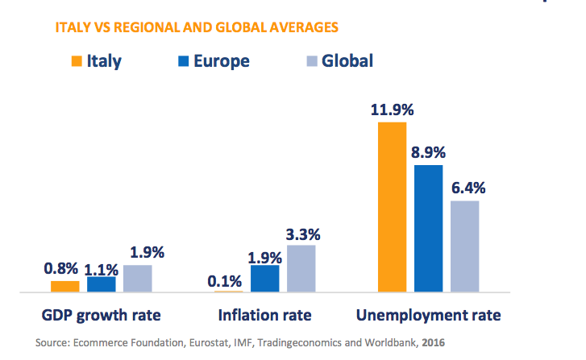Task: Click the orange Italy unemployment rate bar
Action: click(392, 207)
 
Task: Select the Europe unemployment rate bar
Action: click(428, 228)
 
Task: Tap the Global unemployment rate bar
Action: click(464, 246)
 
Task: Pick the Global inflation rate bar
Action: click(301, 268)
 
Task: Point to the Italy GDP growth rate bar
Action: click(64, 286)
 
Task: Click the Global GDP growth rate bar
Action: click(137, 278)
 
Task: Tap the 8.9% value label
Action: click(428, 152)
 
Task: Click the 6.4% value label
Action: click(465, 188)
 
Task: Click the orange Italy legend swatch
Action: click(77, 60)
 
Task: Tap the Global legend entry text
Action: click(347, 60)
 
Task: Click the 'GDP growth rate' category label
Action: click(101, 314)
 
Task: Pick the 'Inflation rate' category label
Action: click(264, 314)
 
